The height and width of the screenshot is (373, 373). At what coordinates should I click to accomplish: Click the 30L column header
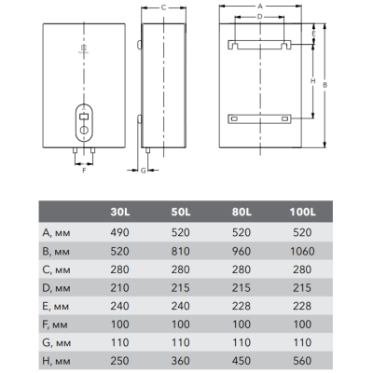point(120,212)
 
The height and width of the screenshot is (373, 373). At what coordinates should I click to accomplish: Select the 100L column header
point(302,212)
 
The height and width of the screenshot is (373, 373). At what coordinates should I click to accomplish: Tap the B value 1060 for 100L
point(302,251)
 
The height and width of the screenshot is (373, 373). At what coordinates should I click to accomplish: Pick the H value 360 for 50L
point(180,361)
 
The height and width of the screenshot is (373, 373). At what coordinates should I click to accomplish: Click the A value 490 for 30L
point(119,232)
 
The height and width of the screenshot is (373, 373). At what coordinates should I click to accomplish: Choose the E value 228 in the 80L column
point(242,306)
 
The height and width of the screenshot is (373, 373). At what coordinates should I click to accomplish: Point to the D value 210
point(119,288)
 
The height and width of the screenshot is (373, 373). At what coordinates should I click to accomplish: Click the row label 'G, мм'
point(56,343)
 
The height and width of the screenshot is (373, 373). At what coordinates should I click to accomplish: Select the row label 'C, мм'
point(56,269)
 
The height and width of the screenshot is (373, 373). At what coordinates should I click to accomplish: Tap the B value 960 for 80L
point(242,251)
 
